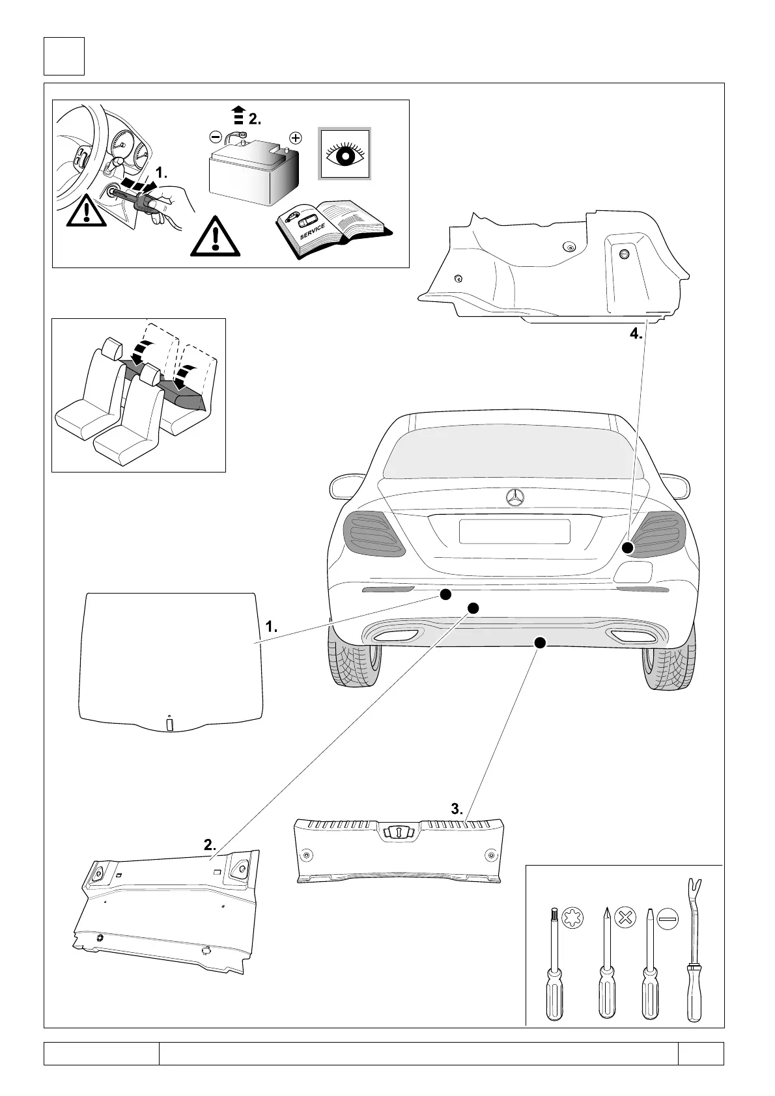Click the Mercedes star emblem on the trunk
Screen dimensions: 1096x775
pyautogui.click(x=514, y=498)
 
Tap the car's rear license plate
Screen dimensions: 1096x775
pyautogui.click(x=514, y=531)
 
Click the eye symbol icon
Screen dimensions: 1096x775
pyautogui.click(x=344, y=154)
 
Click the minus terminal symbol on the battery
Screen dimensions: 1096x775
pyautogui.click(x=216, y=137)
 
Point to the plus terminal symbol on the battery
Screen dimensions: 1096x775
pyautogui.click(x=296, y=138)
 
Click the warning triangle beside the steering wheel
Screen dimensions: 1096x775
pyautogui.click(x=87, y=213)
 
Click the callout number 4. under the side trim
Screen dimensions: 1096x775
pyautogui.click(x=636, y=335)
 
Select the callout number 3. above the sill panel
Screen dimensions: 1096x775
pyautogui.click(x=457, y=809)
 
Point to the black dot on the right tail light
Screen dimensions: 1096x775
pyautogui.click(x=627, y=548)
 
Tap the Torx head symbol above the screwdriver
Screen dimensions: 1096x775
pyautogui.click(x=572, y=920)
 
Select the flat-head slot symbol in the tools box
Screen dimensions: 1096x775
pyautogui.click(x=668, y=919)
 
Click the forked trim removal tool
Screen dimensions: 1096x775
pyautogui.click(x=694, y=950)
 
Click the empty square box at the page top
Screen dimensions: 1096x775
pyautogui.click(x=64, y=56)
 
